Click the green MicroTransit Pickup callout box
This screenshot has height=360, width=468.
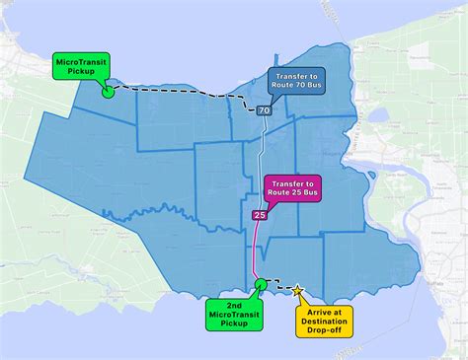pos(82,66)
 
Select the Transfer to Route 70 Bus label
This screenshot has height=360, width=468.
pos(299,83)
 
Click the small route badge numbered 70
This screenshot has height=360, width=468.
pos(265,110)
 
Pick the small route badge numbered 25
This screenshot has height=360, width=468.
pos(260,215)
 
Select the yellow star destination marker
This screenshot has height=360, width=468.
pos(297,289)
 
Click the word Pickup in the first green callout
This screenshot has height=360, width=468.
pos(82,72)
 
